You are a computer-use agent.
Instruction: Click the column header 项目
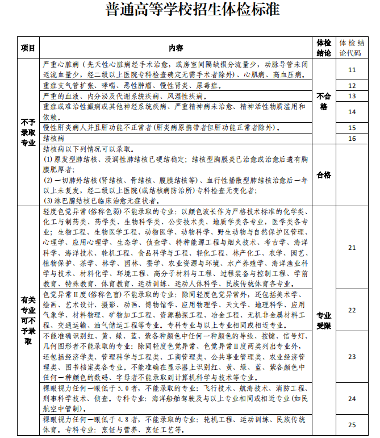click(28, 48)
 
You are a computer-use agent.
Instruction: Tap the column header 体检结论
click(324, 48)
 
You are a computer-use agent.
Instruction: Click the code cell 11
click(352, 70)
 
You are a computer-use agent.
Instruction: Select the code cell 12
click(352, 86)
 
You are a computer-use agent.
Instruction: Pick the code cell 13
click(352, 96)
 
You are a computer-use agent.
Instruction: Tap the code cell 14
click(352, 112)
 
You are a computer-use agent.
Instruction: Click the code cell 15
click(352, 128)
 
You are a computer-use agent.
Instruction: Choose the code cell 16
click(352, 139)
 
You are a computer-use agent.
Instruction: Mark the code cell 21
click(352, 248)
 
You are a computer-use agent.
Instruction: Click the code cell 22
click(352, 310)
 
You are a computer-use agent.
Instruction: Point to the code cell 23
click(352, 357)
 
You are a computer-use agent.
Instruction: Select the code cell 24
click(352, 399)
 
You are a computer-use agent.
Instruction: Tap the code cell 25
click(352, 424)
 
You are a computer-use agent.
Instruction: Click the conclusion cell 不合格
click(324, 101)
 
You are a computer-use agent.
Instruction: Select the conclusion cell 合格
click(324, 174)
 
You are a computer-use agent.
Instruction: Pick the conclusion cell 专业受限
click(324, 320)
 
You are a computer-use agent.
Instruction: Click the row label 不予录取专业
click(28, 132)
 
